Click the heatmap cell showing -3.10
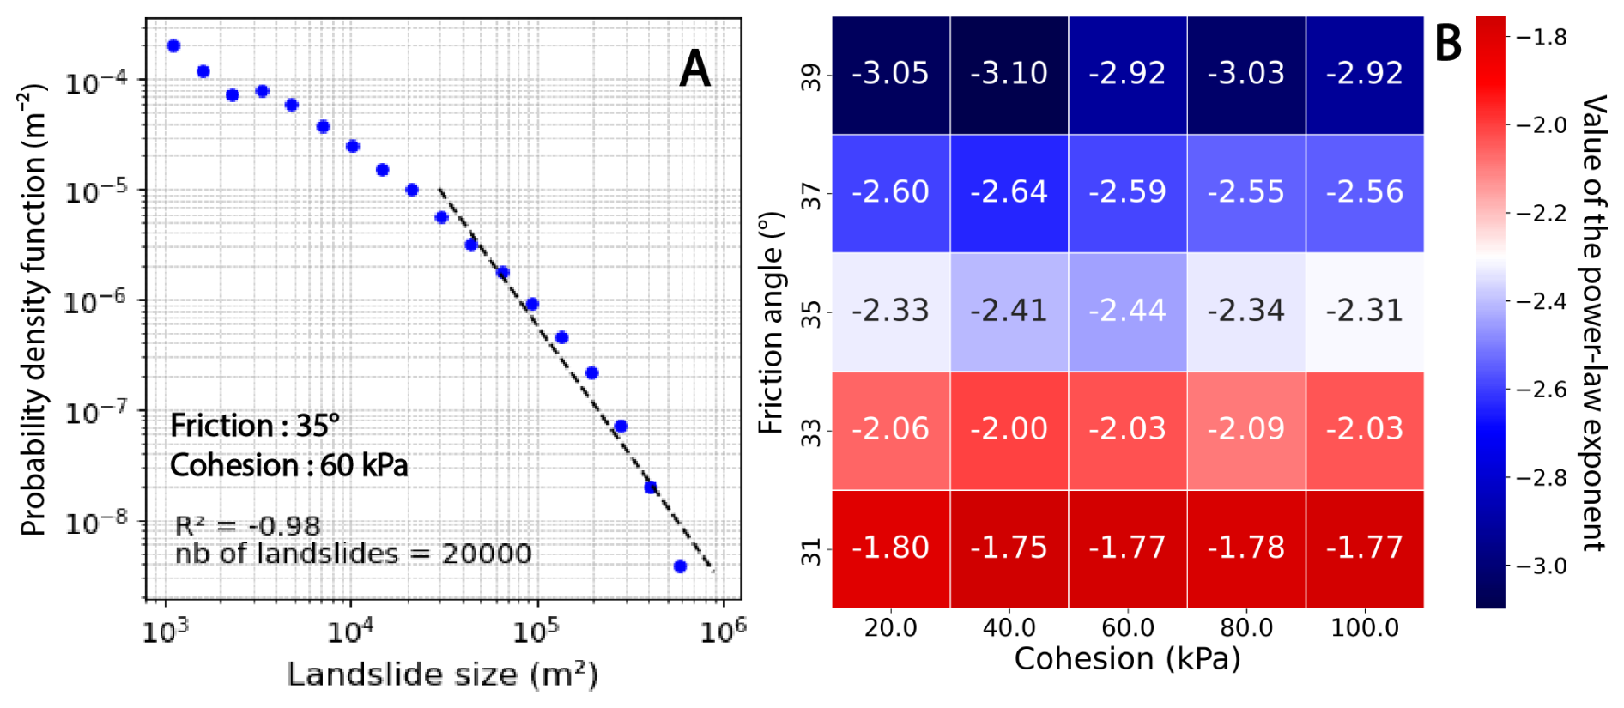[1009, 74]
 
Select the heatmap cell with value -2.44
[1127, 311]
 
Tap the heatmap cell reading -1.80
[890, 548]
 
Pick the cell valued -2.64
[1009, 192]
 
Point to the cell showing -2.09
[1245, 429]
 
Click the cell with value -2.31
[1364, 311]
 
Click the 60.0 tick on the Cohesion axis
[1127, 628]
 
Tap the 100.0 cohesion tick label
[1364, 628]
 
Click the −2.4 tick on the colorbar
[1542, 301]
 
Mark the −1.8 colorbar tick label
[1542, 37]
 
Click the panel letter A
[694, 69]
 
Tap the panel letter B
[1448, 42]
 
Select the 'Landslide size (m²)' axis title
[442, 675]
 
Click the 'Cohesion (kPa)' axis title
[1127, 659]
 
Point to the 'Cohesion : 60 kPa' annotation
[289, 466]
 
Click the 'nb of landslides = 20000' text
[353, 554]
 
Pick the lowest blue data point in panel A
[680, 566]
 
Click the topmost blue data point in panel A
[173, 45]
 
